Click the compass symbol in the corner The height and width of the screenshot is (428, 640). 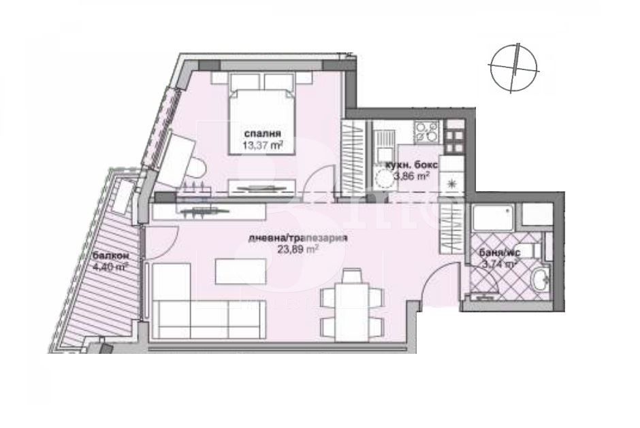click(515, 66)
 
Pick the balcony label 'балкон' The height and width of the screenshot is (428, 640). click(109, 256)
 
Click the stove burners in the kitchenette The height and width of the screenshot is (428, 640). click(427, 130)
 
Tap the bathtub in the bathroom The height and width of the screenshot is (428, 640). click(493, 220)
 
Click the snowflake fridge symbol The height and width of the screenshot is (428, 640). click(449, 184)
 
